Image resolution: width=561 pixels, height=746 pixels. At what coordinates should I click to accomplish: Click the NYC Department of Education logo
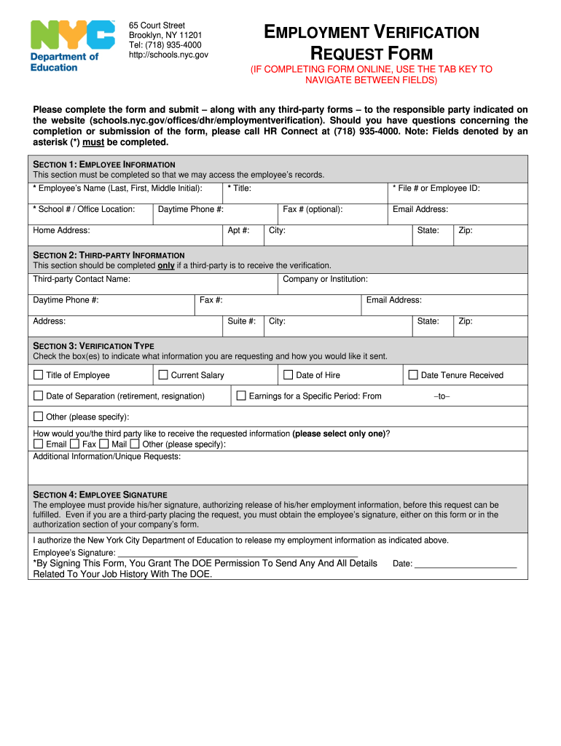(x=72, y=46)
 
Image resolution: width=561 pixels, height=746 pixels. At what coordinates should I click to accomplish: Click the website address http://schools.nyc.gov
(x=168, y=55)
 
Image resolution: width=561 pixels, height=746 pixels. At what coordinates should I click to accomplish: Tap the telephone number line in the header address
(x=165, y=45)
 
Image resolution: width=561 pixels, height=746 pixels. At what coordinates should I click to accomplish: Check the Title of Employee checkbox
(x=39, y=375)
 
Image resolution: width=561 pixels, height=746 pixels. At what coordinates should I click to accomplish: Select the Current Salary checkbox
(x=163, y=375)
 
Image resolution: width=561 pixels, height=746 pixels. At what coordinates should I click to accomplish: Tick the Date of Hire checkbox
(x=289, y=375)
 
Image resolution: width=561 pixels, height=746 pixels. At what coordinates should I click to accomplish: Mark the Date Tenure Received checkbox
(x=413, y=375)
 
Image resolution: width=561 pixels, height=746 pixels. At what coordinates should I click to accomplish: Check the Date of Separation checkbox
(x=39, y=396)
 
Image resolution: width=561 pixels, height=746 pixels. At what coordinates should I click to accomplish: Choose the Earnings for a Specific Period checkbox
(x=241, y=396)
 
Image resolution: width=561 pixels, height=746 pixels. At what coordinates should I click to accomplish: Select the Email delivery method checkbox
(x=39, y=444)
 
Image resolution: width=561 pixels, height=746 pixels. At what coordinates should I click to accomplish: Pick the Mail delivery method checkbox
(x=104, y=444)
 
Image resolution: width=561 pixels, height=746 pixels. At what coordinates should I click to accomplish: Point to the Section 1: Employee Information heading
(x=104, y=165)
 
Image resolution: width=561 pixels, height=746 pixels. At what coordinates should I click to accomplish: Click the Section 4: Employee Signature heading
(x=101, y=495)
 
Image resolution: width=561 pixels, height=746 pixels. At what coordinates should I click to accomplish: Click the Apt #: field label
(x=239, y=230)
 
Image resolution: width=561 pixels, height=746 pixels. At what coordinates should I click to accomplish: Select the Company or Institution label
(x=325, y=279)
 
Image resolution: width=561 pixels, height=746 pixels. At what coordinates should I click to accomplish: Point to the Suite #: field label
(x=241, y=321)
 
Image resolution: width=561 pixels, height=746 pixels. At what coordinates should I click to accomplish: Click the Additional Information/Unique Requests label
(x=107, y=457)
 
